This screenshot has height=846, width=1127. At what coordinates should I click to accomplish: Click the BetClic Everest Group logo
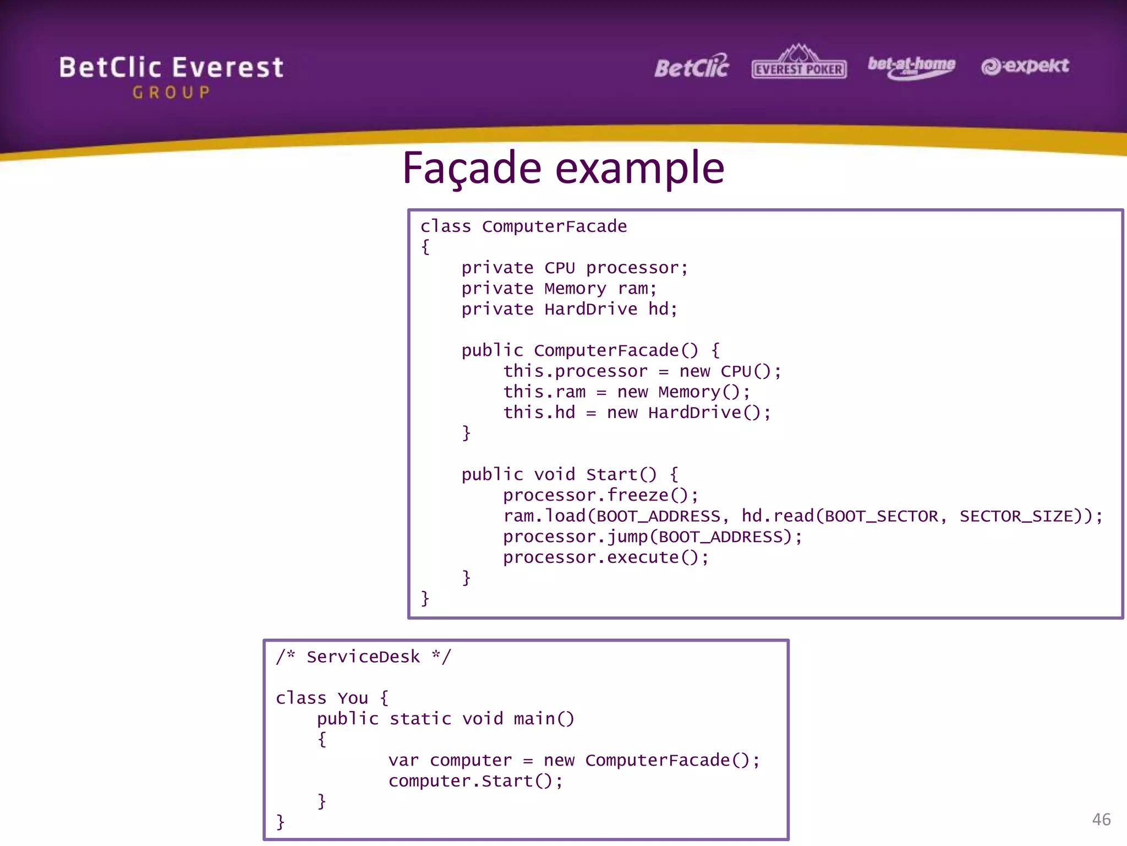click(x=171, y=76)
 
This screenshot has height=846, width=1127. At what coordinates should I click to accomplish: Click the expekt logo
click(x=1025, y=66)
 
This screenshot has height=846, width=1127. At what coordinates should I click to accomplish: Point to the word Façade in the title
click(x=472, y=168)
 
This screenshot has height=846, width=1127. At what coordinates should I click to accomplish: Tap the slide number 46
click(x=1101, y=820)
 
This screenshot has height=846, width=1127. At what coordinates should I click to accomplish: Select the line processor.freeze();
click(x=600, y=495)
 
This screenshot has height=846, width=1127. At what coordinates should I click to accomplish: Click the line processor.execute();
click(x=605, y=557)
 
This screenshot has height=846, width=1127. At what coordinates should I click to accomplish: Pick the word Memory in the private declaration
click(x=575, y=289)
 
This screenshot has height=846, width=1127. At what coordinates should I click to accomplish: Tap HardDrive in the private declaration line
click(x=590, y=309)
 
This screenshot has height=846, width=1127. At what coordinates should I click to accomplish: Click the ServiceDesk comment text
click(x=363, y=657)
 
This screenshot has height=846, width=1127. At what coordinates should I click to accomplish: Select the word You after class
click(x=353, y=698)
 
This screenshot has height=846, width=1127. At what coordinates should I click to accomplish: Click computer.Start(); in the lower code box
click(x=475, y=781)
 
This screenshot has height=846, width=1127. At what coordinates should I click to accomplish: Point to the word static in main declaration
click(x=420, y=719)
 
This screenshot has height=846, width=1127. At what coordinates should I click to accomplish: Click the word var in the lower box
click(x=403, y=761)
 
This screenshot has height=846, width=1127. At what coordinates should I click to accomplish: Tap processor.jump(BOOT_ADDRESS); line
click(x=652, y=536)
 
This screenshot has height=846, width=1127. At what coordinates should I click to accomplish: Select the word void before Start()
click(x=554, y=474)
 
